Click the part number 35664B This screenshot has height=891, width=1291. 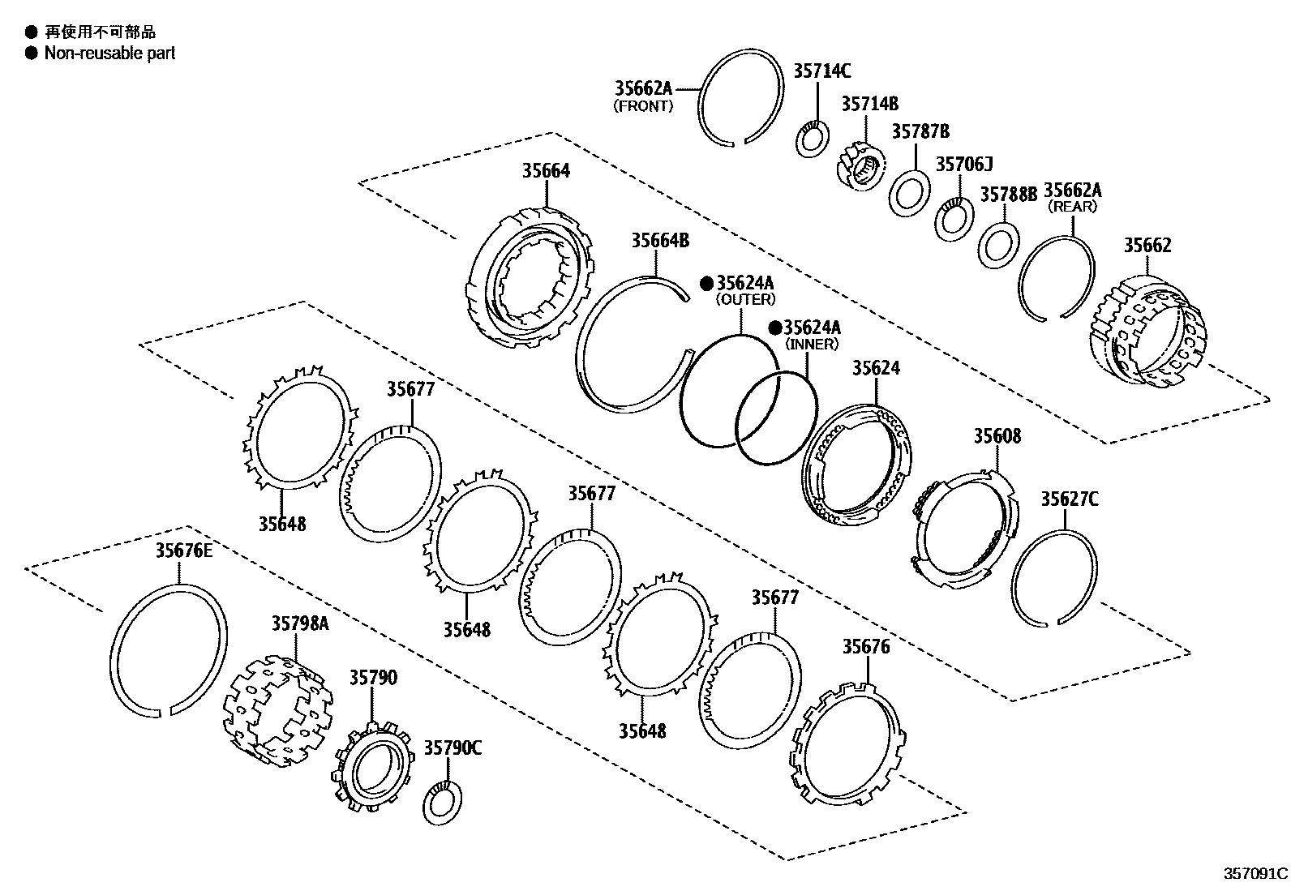pyautogui.click(x=660, y=240)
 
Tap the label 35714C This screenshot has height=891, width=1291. pyautogui.click(x=821, y=71)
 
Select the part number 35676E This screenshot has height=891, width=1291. pyautogui.click(x=183, y=551)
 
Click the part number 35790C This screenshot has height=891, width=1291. pyautogui.click(x=452, y=747)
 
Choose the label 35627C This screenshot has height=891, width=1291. pyautogui.click(x=1069, y=499)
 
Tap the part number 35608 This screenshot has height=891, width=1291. pyautogui.click(x=997, y=436)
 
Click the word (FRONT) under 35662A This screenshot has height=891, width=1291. pyautogui.click(x=643, y=106)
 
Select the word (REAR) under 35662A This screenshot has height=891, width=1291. pyautogui.click(x=1072, y=207)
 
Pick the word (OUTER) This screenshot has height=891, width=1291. pyautogui.click(x=744, y=300)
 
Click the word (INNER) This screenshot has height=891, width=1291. pyautogui.click(x=811, y=345)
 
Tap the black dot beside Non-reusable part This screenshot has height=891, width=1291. pyautogui.click(x=31, y=54)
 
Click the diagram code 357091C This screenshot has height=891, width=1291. pyautogui.click(x=1255, y=874)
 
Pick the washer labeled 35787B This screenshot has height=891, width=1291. pyautogui.click(x=910, y=194)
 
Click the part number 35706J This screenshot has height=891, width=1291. pyautogui.click(x=964, y=165)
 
